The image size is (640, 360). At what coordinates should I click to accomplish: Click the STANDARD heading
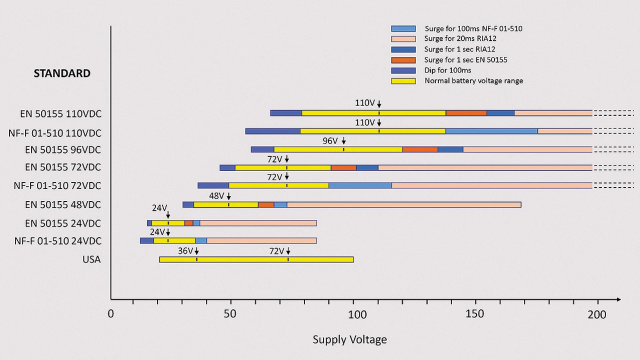pos(62,73)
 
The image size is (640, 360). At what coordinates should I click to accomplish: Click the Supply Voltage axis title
pos(349,339)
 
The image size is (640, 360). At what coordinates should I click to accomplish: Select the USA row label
pos(91,259)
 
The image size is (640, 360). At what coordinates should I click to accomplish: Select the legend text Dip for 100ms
pos(447,70)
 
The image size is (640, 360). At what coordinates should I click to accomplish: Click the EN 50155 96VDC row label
pos(63,149)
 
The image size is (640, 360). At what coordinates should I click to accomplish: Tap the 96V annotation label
pos(330,141)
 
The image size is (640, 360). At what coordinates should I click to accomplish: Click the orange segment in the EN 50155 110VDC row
pos(466,113)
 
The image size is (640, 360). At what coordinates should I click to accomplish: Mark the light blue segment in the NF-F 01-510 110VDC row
pos(491,131)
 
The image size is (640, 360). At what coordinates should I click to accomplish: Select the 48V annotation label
pos(216,196)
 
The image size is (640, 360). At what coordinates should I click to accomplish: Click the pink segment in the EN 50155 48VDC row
pos(404,204)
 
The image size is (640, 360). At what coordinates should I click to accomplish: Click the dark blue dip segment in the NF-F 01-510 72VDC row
pos(213,185)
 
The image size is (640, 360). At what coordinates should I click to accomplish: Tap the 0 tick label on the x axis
pos(111,314)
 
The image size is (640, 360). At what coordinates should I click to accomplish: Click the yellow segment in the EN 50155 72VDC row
pos(283,167)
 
